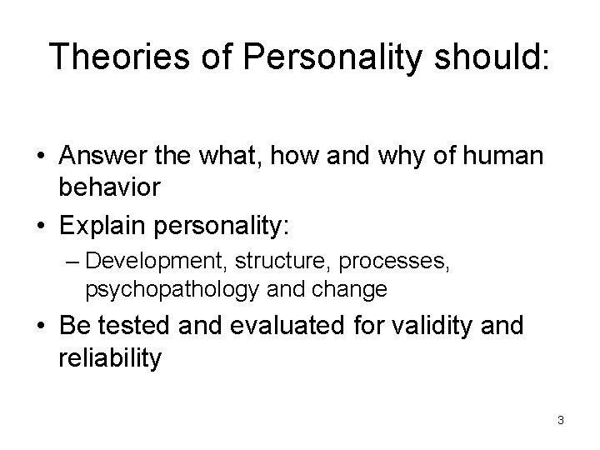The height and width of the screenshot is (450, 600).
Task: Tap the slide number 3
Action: (x=561, y=420)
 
